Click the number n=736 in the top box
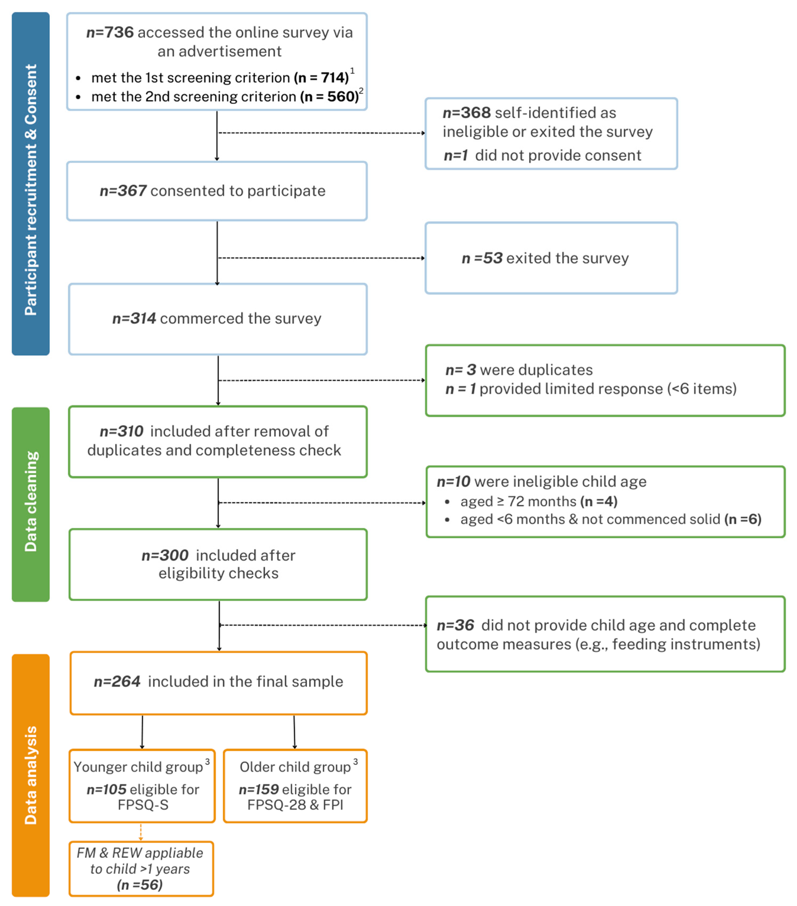tap(110, 32)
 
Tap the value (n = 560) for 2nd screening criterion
tap(329, 97)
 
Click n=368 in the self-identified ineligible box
tap(467, 113)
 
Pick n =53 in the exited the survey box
tap(482, 258)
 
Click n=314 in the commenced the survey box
tap(134, 318)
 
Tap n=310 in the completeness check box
tap(121, 431)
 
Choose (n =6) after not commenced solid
tap(743, 519)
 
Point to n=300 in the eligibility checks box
tap(165, 555)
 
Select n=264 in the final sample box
tap(117, 681)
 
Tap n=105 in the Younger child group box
tap(106, 789)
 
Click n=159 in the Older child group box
tap(259, 789)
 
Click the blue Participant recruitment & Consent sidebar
tap(31, 184)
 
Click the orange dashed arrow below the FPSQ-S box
tap(141, 832)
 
